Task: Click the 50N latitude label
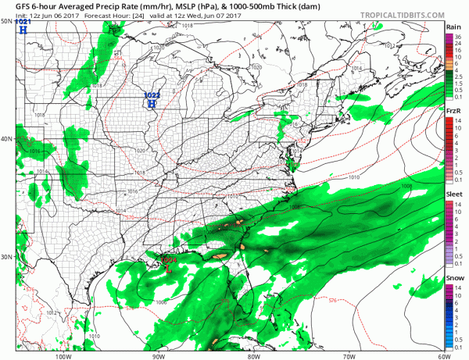click(7, 21)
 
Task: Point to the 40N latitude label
click(7, 139)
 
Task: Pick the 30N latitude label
click(7, 257)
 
